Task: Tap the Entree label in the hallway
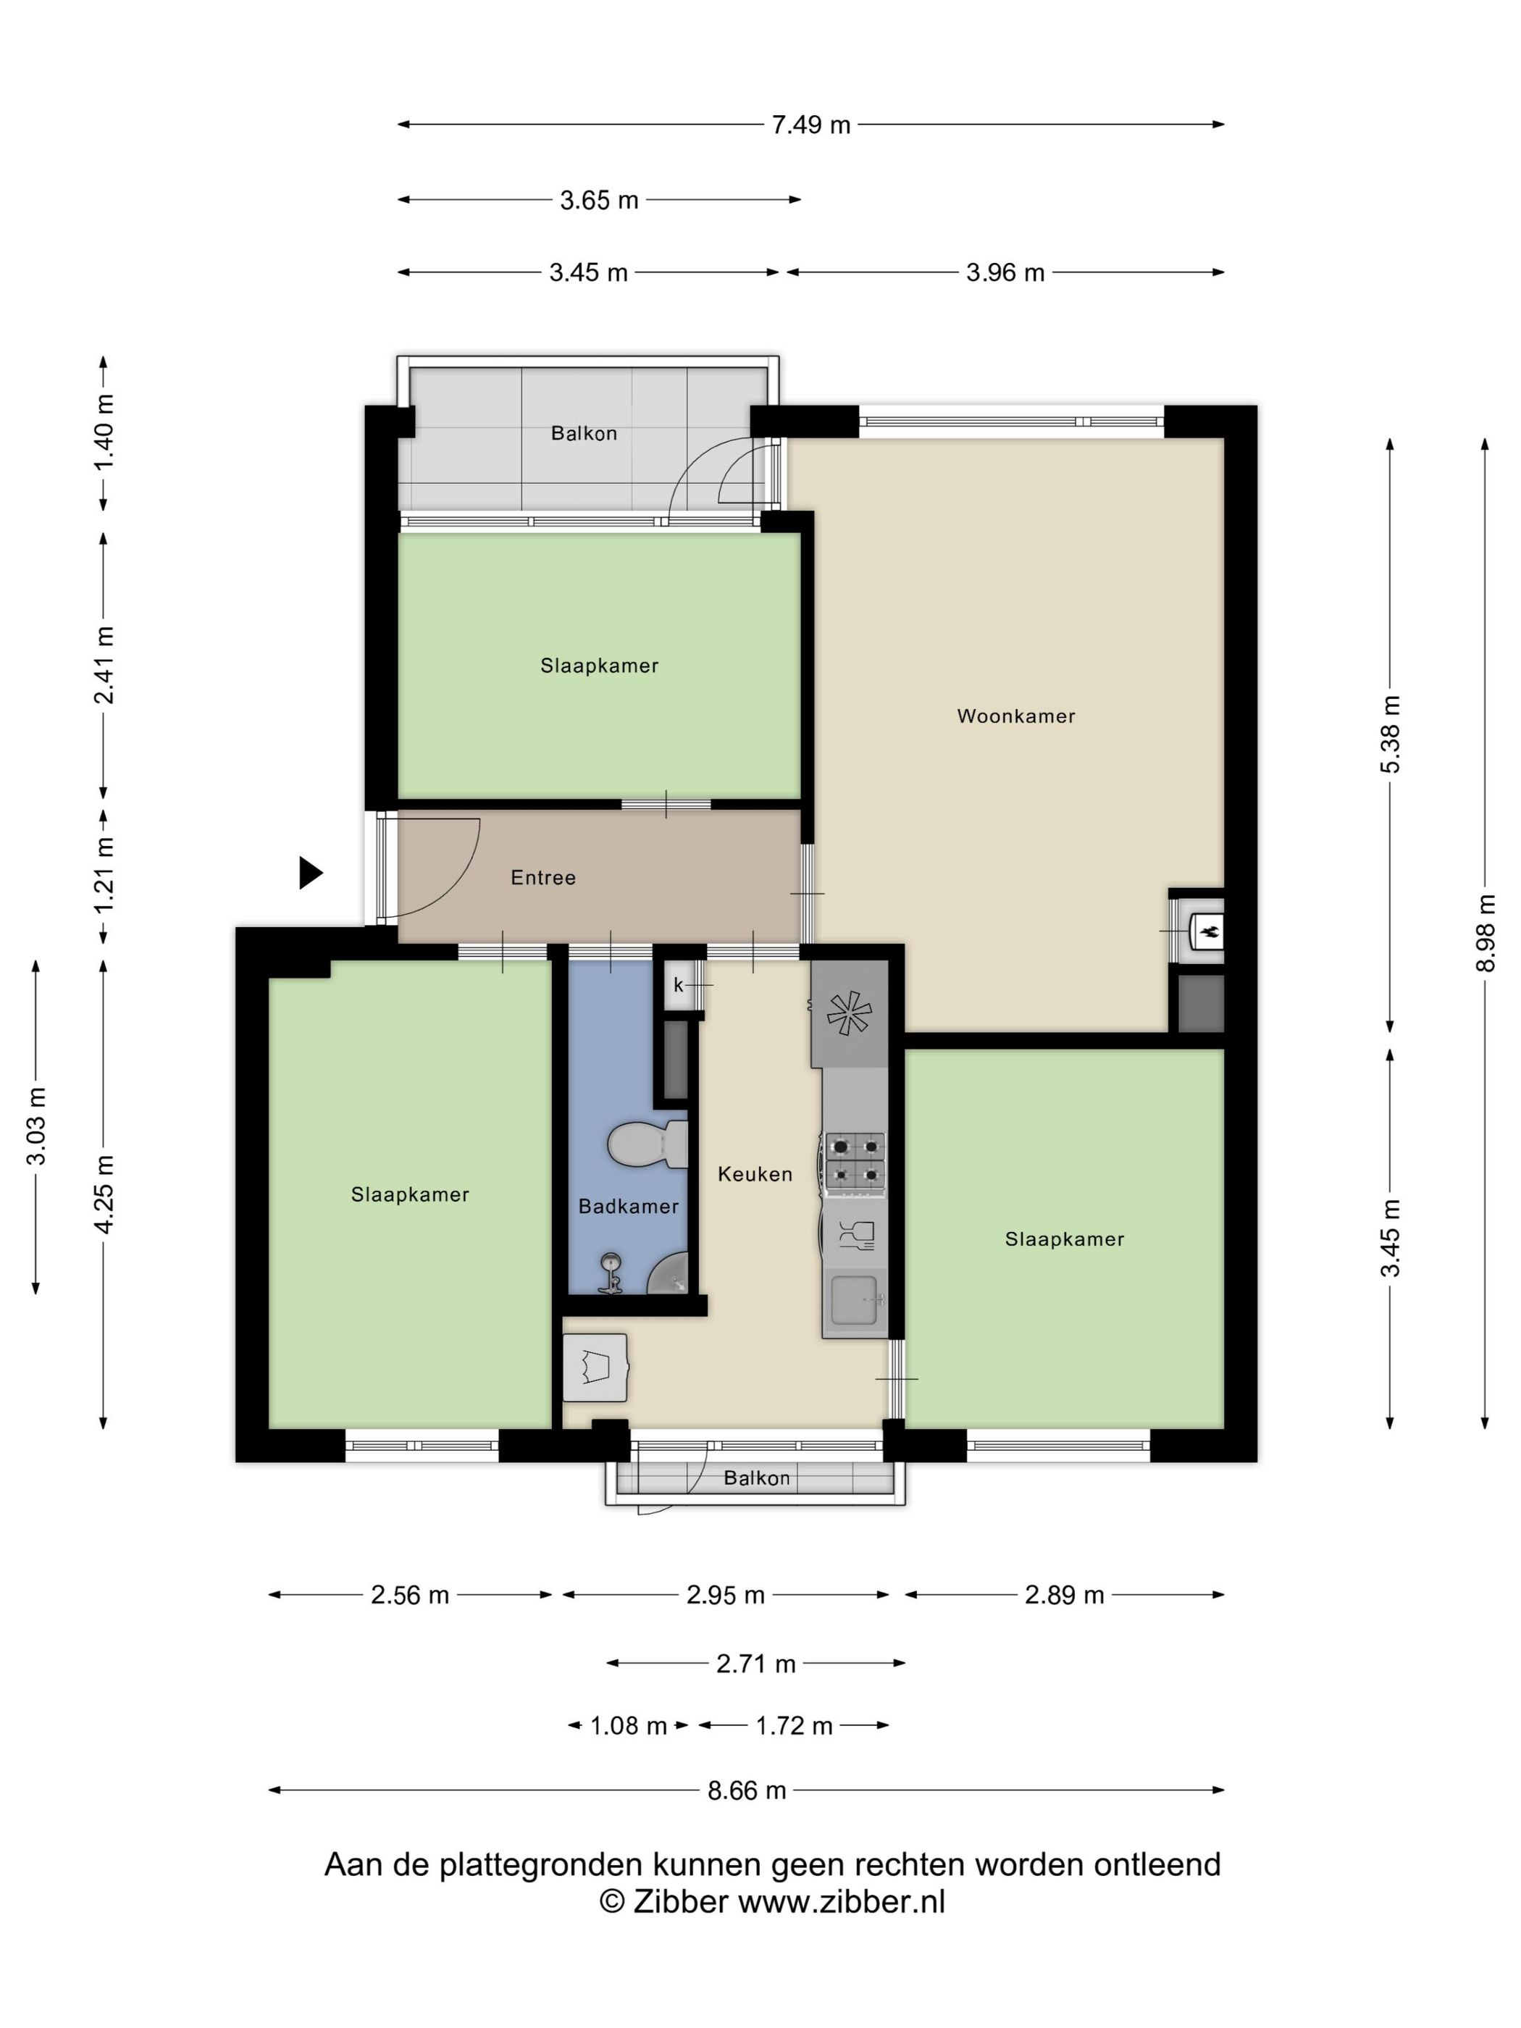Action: coord(542,877)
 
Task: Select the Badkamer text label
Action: coord(628,1207)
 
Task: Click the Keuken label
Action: coord(755,1173)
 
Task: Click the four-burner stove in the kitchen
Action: coord(855,1162)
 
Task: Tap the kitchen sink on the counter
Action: coord(853,1300)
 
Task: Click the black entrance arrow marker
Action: coord(311,873)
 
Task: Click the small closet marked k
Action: coord(679,986)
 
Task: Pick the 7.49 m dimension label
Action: coord(810,125)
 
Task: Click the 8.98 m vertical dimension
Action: coord(1486,932)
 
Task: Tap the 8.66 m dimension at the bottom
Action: coord(746,1790)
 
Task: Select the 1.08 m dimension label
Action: coord(628,1725)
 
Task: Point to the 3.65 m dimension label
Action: coord(599,200)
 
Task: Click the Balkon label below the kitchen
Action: coord(756,1478)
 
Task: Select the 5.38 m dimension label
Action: coord(1391,734)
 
